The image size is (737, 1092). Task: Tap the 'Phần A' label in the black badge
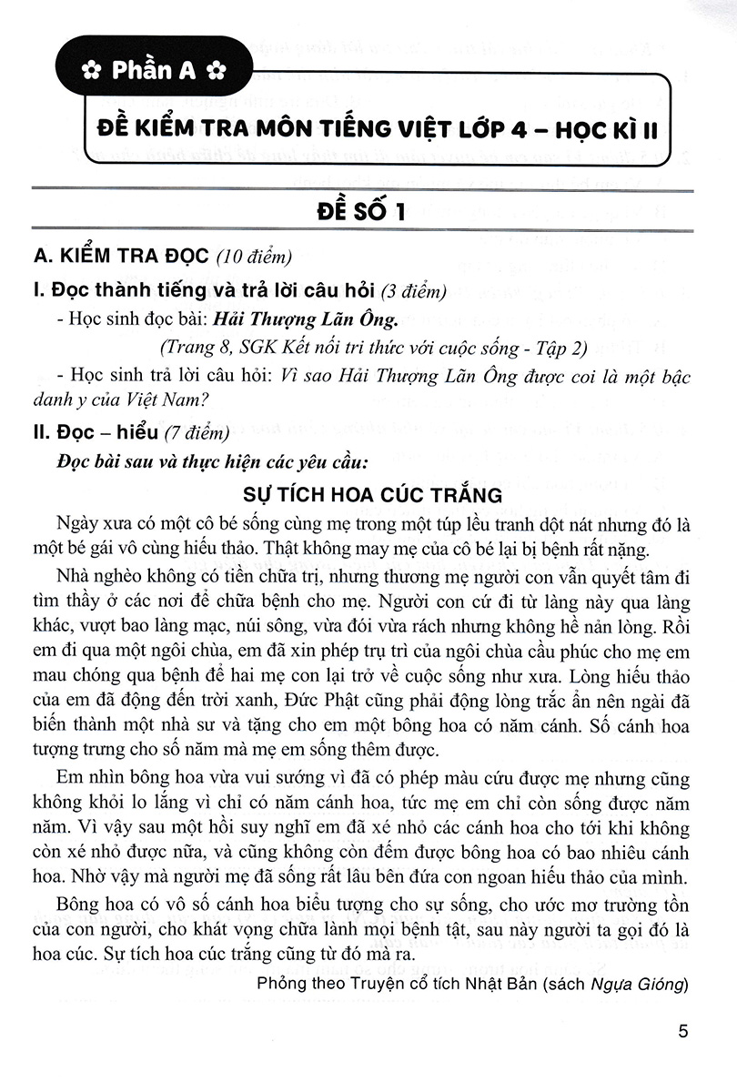153,69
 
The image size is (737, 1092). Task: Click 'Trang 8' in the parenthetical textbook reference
188,347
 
